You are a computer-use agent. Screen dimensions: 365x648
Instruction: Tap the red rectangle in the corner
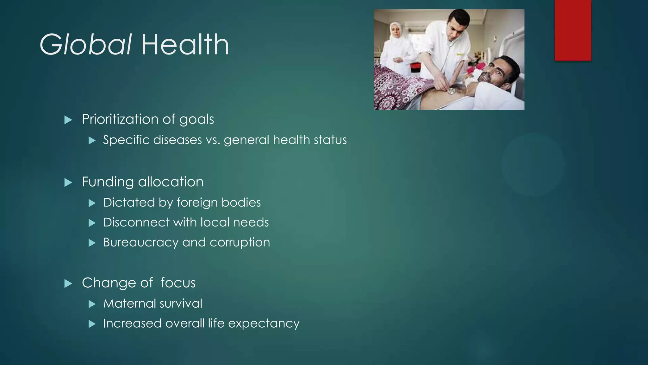pos(573,30)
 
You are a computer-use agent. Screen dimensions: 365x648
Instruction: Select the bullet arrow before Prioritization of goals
pos(68,120)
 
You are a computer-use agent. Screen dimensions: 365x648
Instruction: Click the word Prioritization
pos(120,119)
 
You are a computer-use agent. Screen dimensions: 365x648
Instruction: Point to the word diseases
pos(177,140)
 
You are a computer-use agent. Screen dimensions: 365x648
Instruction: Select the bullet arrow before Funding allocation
pos(68,182)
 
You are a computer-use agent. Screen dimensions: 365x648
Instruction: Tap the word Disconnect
pos(136,222)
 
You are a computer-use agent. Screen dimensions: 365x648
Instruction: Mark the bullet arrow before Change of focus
pos(68,284)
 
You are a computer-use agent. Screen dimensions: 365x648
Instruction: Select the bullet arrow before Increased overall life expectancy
pos(92,324)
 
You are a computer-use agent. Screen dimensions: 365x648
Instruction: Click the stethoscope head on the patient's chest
pos(451,91)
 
